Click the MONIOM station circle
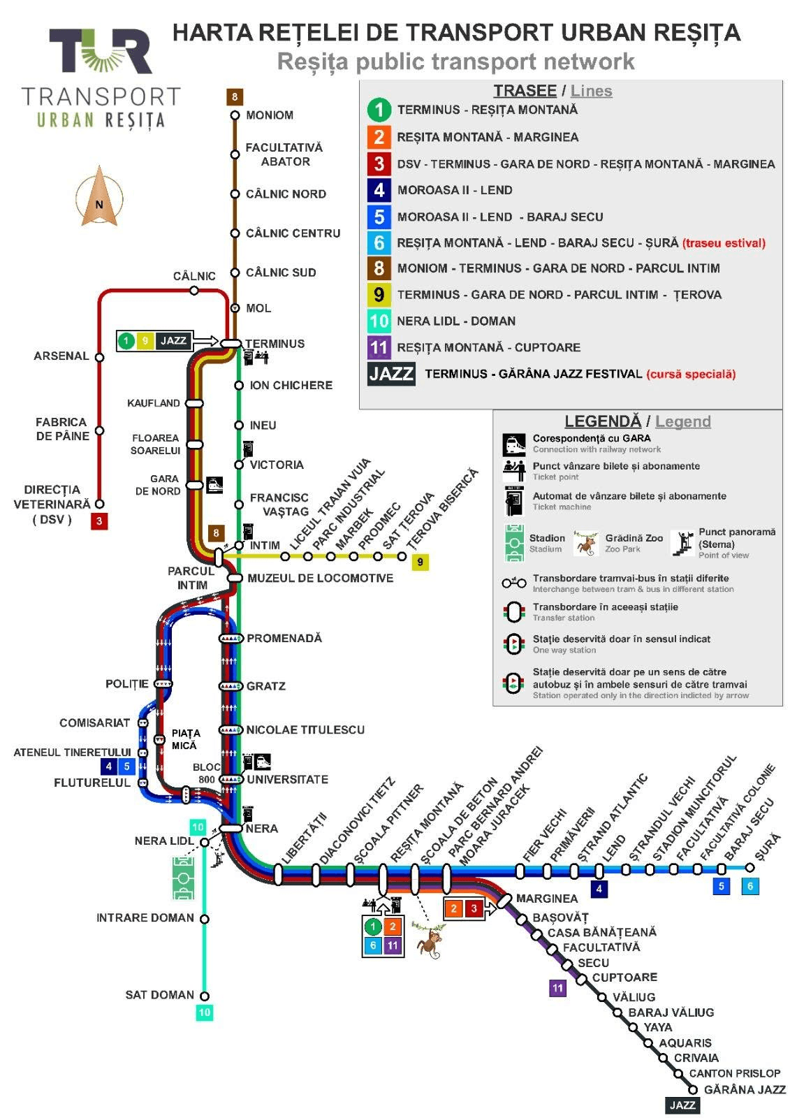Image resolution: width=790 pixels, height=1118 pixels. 235,115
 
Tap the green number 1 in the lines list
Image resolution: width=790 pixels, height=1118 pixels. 379,110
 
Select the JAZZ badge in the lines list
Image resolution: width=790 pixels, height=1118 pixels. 391,374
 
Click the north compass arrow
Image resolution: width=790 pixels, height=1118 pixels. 99,196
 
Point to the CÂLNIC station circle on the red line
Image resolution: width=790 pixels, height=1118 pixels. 194,290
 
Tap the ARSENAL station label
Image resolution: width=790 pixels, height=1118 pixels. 61,356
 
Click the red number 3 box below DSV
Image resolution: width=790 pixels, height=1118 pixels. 99,521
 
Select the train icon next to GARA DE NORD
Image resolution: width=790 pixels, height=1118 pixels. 214,484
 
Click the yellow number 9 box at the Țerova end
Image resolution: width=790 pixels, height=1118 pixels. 420,562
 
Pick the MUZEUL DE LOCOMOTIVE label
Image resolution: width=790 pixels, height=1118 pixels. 321,578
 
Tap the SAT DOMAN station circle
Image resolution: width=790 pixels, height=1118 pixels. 204,996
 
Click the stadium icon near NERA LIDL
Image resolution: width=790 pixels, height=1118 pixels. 183,878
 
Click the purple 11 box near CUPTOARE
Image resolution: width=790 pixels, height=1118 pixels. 557,988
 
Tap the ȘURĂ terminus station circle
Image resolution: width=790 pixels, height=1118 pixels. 749,868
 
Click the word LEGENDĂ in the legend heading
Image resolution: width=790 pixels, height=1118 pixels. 603,421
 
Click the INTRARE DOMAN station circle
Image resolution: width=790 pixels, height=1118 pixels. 204,919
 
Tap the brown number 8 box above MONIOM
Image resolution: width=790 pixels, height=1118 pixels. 235,97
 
